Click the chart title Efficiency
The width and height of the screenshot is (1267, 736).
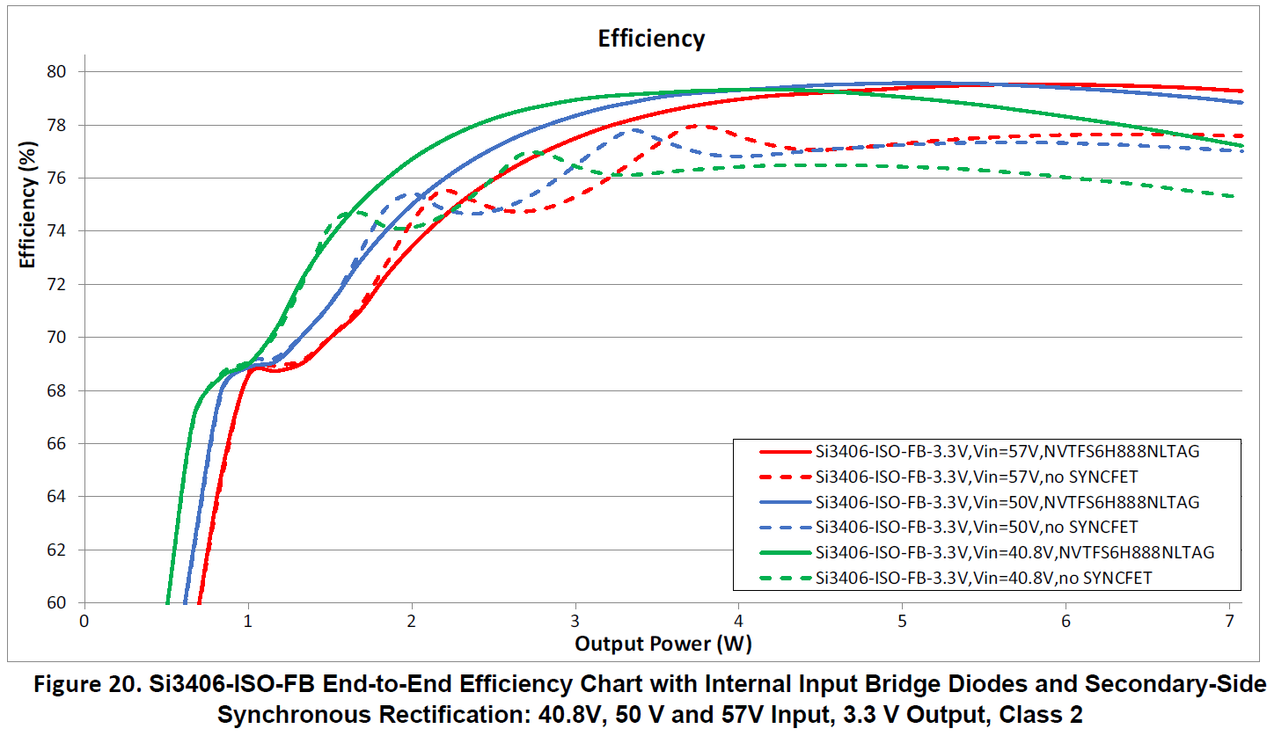(x=650, y=40)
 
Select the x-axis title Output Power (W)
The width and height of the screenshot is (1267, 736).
(x=663, y=644)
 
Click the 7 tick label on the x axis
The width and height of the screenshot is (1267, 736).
(x=1229, y=621)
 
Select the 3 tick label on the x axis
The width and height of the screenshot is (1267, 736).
(x=575, y=621)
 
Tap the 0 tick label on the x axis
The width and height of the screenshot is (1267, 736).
(x=84, y=621)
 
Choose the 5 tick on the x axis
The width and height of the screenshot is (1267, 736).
(x=903, y=621)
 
